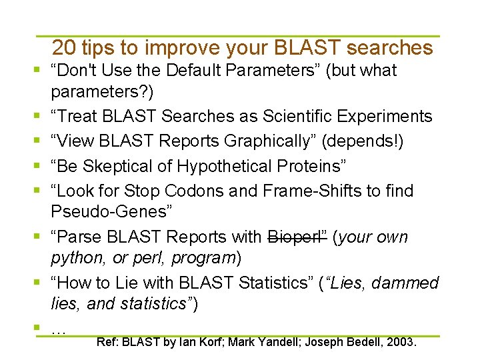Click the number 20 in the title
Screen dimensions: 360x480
[x=63, y=48]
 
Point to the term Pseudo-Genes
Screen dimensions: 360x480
[x=111, y=212]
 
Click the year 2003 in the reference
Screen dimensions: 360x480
[x=401, y=343]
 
